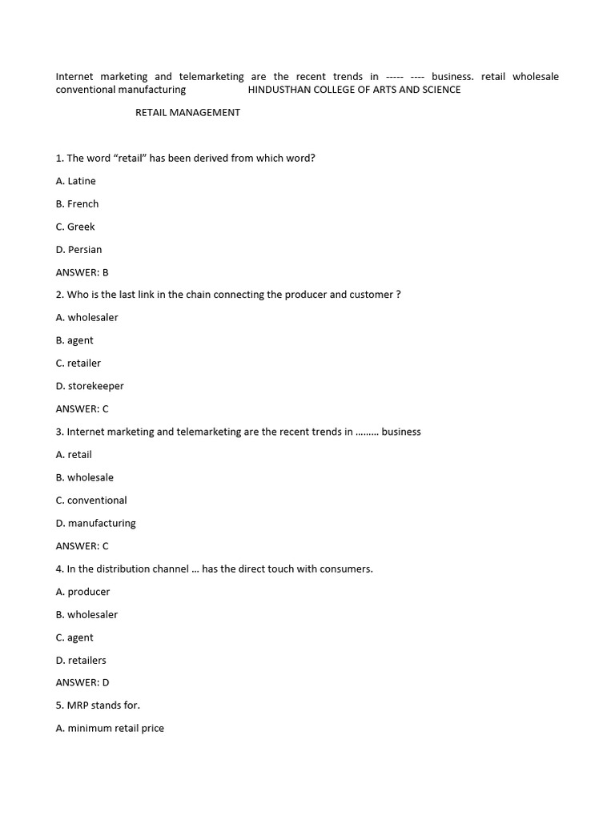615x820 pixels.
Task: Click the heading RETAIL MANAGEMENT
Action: (x=187, y=113)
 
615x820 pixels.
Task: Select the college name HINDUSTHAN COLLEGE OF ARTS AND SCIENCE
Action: (x=354, y=90)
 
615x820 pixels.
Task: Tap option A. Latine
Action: (x=75, y=181)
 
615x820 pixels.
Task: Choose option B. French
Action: (x=77, y=204)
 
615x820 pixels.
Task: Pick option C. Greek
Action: (x=75, y=227)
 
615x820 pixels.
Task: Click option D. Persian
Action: (x=78, y=250)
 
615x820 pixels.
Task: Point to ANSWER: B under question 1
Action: (x=82, y=272)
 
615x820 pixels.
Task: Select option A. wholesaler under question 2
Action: (x=86, y=318)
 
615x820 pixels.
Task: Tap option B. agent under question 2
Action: (x=74, y=340)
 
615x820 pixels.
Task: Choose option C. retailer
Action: (x=78, y=364)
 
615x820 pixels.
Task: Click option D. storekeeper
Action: (x=90, y=386)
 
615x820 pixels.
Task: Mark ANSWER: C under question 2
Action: (x=82, y=409)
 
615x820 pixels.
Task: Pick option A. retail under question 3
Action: (x=74, y=455)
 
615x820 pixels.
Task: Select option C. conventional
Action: (x=91, y=500)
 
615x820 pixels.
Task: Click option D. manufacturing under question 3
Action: (x=95, y=524)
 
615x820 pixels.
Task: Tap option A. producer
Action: (x=82, y=592)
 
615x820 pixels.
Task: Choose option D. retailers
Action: (x=81, y=661)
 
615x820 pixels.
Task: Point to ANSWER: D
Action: (x=82, y=683)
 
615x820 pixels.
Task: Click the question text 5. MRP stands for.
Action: (x=98, y=705)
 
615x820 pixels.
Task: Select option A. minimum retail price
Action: (x=110, y=729)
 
